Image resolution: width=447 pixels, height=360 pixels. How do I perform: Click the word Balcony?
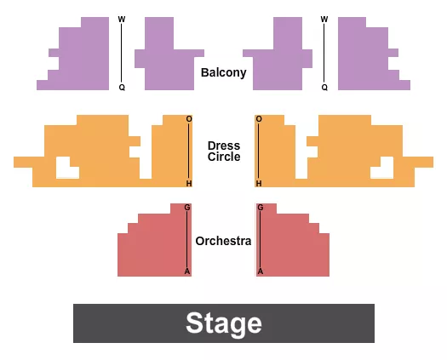click(223, 72)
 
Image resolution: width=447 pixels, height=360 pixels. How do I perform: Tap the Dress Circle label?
click(224, 151)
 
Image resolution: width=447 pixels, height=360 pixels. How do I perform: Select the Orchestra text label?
click(223, 241)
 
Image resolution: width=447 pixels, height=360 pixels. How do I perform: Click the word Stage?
click(223, 323)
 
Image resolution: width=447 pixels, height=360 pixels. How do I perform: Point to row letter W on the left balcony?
click(121, 20)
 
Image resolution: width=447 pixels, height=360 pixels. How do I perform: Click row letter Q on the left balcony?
click(121, 87)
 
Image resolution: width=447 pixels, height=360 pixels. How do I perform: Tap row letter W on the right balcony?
click(324, 20)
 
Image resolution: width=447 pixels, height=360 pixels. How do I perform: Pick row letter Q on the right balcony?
click(324, 87)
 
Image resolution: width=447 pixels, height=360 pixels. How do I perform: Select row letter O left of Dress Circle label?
click(189, 119)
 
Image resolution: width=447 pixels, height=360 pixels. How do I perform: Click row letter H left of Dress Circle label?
click(189, 183)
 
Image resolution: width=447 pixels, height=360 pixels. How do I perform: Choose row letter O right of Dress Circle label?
click(258, 119)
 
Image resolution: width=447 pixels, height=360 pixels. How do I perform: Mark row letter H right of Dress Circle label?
click(258, 183)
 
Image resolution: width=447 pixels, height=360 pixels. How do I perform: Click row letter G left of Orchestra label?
click(187, 208)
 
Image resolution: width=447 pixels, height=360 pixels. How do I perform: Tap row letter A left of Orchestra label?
click(187, 271)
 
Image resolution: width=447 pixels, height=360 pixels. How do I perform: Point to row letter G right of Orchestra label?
click(261, 208)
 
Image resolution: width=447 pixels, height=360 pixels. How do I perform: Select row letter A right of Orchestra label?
click(261, 271)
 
